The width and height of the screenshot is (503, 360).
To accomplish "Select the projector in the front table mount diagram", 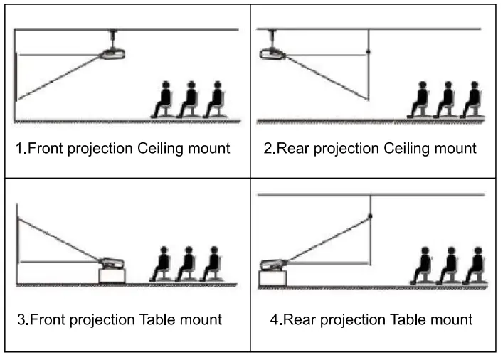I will [112, 263].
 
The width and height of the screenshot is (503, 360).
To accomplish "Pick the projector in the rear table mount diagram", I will [275, 264].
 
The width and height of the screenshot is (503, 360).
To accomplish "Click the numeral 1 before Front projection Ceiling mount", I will [21, 149].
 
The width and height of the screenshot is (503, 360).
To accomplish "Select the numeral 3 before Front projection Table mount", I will [21, 319].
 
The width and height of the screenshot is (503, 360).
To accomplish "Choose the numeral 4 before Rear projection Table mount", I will [275, 319].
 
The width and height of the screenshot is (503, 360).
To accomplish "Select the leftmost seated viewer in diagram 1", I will [164, 100].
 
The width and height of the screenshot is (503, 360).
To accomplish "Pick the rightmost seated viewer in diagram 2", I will [472, 100].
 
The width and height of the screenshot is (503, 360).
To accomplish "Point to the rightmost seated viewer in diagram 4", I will [475, 266].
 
